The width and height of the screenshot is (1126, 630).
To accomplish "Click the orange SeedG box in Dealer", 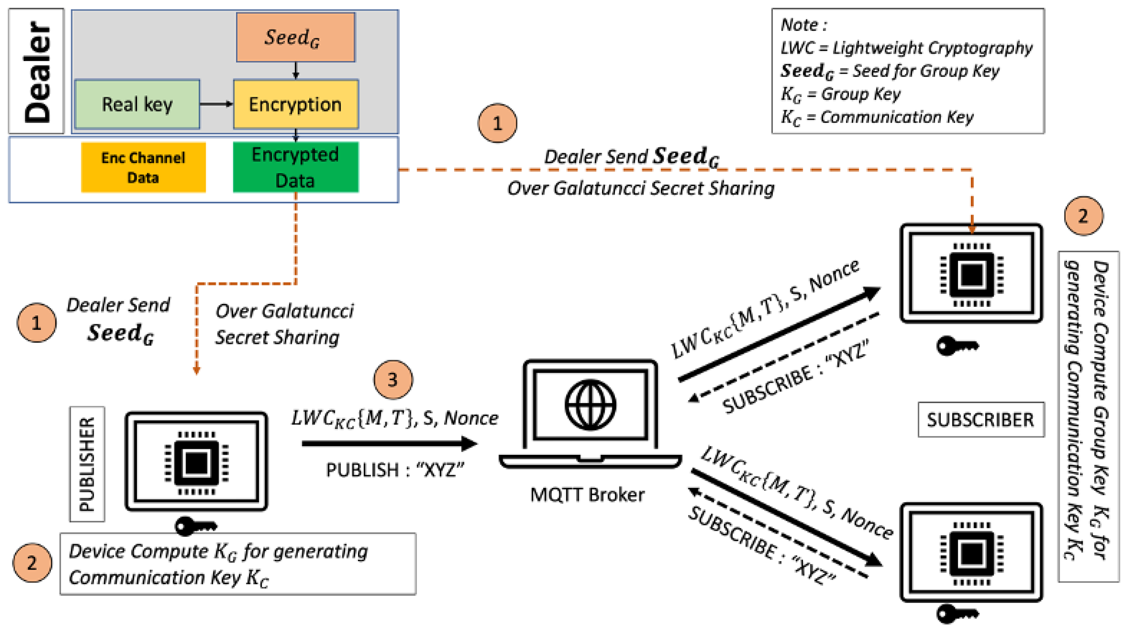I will coord(296,37).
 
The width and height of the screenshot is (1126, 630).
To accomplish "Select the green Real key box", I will coord(137,104).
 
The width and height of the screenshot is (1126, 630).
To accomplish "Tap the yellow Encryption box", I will coord(296,104).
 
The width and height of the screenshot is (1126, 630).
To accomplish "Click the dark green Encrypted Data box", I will coord(296,167).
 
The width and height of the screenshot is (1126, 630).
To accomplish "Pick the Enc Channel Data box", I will coord(143,167).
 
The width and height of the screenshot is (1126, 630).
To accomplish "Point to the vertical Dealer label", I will coord(37,71).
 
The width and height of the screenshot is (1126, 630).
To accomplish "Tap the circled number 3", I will coord(393,379).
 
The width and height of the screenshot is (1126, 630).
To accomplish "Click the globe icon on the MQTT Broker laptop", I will coord(590,405).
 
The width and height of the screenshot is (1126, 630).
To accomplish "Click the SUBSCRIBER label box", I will coord(980,420).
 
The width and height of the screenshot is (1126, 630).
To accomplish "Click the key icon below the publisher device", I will coord(195,526).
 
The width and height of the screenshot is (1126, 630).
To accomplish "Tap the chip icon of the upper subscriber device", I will coord(971,274).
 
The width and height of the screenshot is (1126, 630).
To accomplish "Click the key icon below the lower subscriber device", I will coord(956,614).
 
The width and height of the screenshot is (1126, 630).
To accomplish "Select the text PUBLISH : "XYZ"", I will coord(395,470).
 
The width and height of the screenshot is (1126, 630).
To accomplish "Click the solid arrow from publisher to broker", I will coord(389,444).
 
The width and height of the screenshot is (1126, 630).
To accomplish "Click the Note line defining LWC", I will coord(906,48).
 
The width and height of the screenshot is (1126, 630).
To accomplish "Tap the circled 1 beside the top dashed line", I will coord(497,123).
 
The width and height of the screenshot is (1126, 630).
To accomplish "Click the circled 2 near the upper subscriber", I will coord(1083,216).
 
